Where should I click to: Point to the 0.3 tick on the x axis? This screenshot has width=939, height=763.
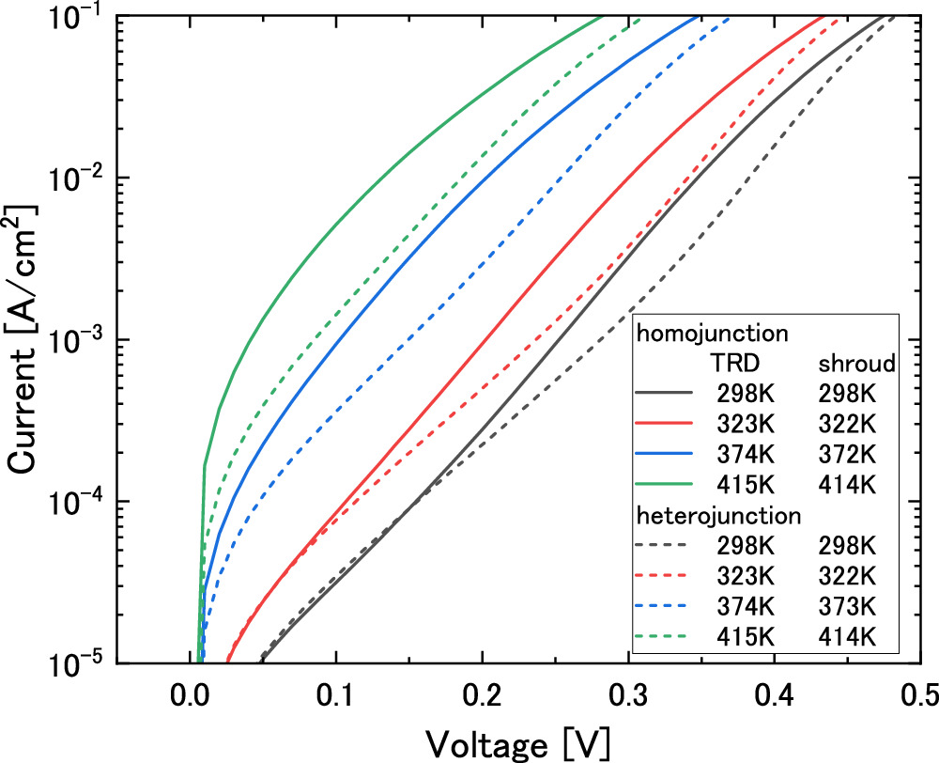pyautogui.click(x=627, y=694)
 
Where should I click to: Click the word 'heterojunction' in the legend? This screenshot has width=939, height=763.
pyautogui.click(x=718, y=515)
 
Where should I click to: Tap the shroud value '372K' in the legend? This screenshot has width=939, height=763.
pyautogui.click(x=844, y=454)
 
